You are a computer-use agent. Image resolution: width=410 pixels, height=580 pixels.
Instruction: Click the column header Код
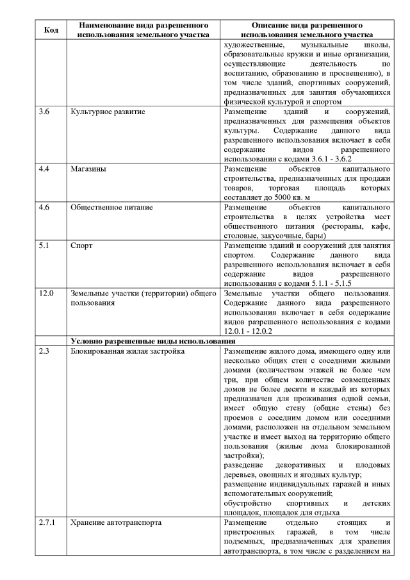point(51,29)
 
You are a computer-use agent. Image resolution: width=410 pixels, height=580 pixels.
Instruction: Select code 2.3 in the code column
point(44,352)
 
